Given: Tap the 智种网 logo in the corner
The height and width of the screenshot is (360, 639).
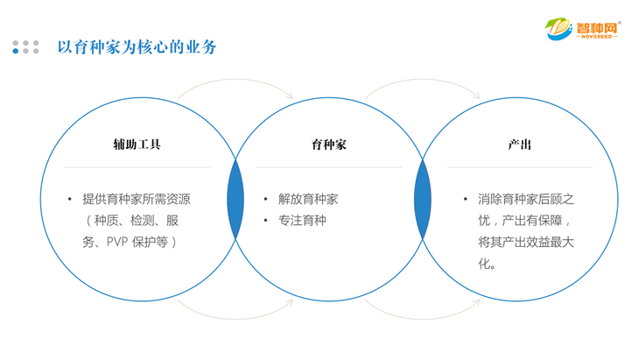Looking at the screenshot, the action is [x=582, y=27].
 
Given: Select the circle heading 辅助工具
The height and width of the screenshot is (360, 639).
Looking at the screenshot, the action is [x=137, y=145].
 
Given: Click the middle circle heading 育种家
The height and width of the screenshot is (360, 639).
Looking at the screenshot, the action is [x=329, y=145].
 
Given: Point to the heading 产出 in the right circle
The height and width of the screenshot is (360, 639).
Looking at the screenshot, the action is [x=520, y=145].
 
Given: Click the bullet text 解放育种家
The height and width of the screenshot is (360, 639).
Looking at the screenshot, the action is [x=307, y=199].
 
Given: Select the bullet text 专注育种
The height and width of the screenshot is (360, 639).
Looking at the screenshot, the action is [x=302, y=220].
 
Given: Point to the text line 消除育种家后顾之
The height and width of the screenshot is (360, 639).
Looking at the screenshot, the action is [x=526, y=199].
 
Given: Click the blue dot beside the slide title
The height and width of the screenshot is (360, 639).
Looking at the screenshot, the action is [x=16, y=51].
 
